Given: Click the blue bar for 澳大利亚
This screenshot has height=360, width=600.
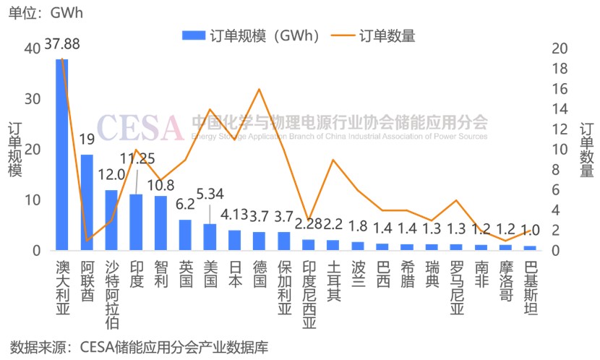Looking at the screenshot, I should coord(62,155).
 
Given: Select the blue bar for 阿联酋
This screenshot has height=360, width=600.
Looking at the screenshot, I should coord(87,202).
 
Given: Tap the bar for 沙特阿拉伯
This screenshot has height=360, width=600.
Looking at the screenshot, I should coord(111,220).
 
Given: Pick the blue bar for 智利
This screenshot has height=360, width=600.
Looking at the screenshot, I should coord(160,223).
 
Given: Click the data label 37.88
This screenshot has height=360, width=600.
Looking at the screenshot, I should coord(62,44).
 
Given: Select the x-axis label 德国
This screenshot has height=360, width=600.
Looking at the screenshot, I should coord(259,271).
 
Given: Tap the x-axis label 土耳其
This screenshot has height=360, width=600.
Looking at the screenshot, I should coord(333,279).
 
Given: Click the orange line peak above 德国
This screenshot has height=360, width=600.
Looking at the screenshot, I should coord(259,89).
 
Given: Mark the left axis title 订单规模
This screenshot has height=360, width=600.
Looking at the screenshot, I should coord(14,150).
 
